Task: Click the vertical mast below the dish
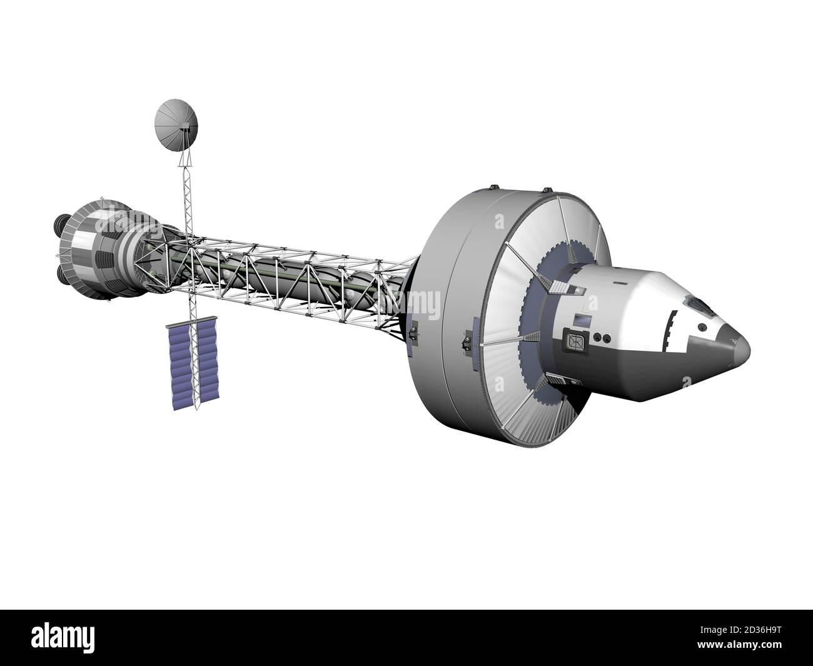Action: (x=186, y=200)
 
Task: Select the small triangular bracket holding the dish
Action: (x=184, y=159)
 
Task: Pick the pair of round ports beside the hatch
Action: (x=600, y=338)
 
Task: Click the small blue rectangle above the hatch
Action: (x=583, y=320)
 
